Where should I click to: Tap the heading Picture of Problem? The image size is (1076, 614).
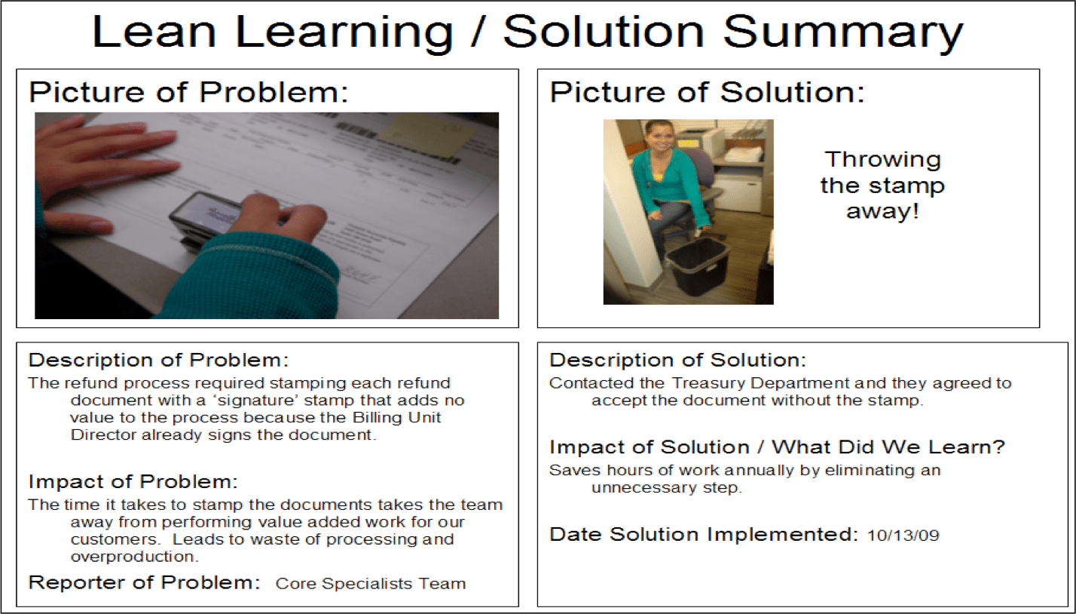pyautogui.click(x=189, y=92)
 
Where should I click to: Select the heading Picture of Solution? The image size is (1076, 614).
pyautogui.click(x=708, y=92)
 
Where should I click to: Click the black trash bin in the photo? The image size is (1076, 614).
pyautogui.click(x=695, y=266)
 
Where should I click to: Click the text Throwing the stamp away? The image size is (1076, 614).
pyautogui.click(x=882, y=185)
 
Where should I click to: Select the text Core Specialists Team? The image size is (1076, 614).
pyautogui.click(x=371, y=583)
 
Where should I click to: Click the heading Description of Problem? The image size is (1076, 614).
pyautogui.click(x=158, y=360)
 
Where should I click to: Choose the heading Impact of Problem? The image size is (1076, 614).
pyautogui.click(x=133, y=481)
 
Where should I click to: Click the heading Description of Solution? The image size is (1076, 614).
pyautogui.click(x=677, y=360)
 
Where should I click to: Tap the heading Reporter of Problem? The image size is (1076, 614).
pyautogui.click(x=144, y=582)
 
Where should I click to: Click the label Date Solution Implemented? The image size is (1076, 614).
pyautogui.click(x=704, y=535)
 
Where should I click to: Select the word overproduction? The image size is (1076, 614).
pyautogui.click(x=134, y=557)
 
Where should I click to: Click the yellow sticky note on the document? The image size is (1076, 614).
pyautogui.click(x=426, y=137)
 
